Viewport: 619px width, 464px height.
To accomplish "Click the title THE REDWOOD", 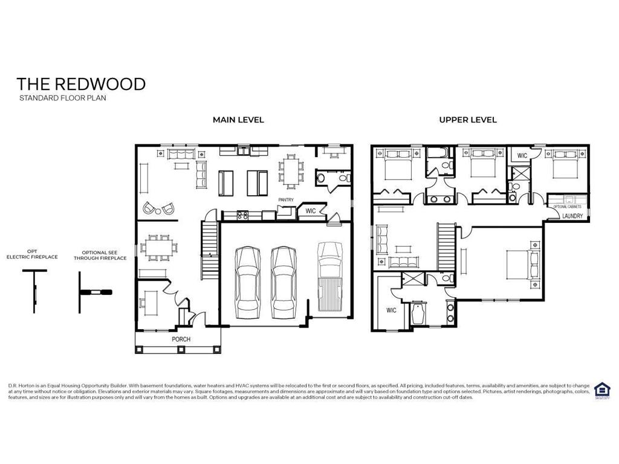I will pos(81,84).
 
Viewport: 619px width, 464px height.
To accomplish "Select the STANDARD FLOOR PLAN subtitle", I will pos(62,98).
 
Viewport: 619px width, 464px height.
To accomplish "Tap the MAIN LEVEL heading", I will pos(238,120).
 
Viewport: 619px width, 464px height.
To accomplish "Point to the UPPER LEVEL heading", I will pos(468,120).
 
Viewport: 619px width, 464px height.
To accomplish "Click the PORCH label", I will pos(181,339).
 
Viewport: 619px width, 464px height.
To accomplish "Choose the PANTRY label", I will pos(286,199).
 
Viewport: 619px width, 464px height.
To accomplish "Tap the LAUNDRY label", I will pos(572,216).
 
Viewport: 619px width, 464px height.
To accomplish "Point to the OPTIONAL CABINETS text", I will pos(568,207).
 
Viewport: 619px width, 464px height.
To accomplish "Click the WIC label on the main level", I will pos(311,211).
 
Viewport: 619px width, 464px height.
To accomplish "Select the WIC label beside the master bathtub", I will pos(391,311).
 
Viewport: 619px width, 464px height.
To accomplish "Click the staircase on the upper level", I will pos(446,245).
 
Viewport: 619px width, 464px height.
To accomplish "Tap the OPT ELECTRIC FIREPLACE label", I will pos(32,254).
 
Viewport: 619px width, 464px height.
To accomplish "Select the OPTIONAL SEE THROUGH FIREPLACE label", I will pos(100,255).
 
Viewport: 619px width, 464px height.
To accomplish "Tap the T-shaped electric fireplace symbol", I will pos(34,289).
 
